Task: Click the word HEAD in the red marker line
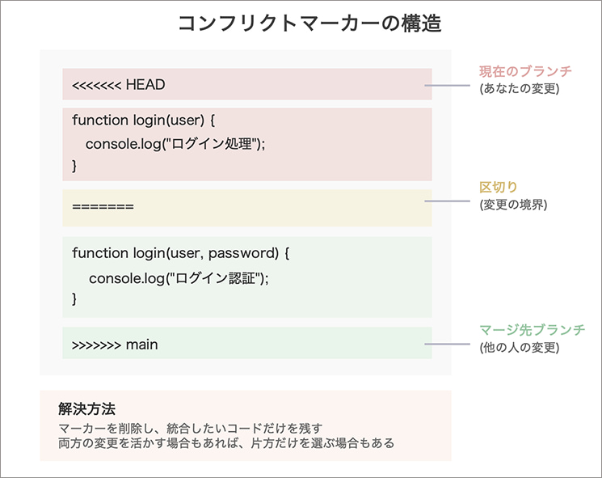point(145,84)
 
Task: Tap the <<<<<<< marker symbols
point(96,84)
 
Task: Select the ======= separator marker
point(103,207)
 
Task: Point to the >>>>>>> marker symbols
point(95,345)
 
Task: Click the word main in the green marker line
point(142,345)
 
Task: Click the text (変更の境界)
point(513,205)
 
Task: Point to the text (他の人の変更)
point(518,348)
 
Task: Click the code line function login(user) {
point(142,120)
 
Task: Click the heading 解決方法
point(88,408)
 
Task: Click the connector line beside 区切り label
point(451,201)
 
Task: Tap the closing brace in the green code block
point(75,299)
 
